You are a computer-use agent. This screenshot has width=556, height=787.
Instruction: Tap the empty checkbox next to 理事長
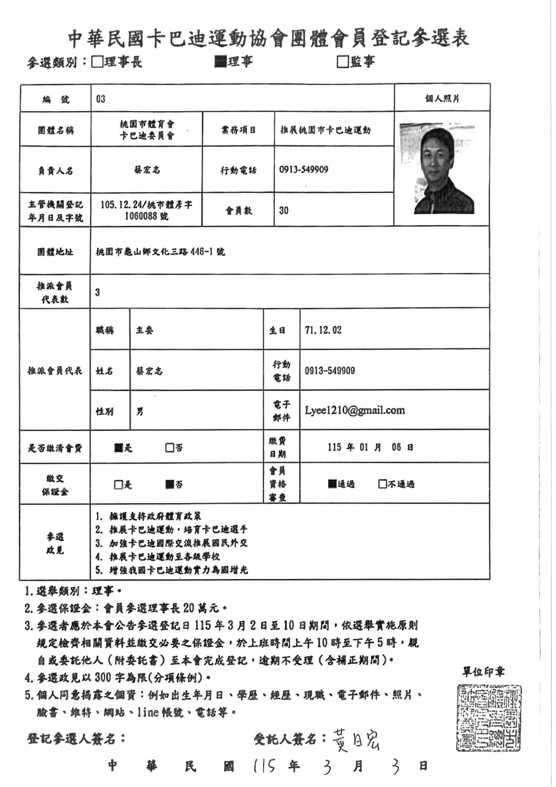tap(97, 62)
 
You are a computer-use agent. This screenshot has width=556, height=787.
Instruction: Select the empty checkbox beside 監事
tap(342, 62)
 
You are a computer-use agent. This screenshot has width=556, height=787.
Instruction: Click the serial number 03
tap(101, 99)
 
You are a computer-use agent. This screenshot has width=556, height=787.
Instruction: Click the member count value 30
tap(284, 210)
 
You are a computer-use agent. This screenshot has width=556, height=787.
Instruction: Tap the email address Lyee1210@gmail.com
tap(355, 410)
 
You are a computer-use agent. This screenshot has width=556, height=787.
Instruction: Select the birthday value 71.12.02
tap(323, 330)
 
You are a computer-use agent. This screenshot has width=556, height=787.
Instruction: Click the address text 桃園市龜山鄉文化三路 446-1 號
tap(160, 252)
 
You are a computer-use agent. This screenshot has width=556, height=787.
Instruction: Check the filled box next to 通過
tap(332, 484)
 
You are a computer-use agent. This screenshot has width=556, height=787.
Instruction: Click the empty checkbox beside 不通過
tap(382, 484)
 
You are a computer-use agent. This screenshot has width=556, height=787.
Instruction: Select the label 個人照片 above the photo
tap(442, 99)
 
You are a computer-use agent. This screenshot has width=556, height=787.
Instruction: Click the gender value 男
tap(140, 412)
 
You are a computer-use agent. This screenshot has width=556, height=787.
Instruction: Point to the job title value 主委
tap(145, 331)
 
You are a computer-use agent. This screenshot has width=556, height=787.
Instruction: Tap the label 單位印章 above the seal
tap(484, 672)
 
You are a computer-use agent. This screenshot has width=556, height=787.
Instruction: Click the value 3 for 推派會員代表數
tap(98, 293)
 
